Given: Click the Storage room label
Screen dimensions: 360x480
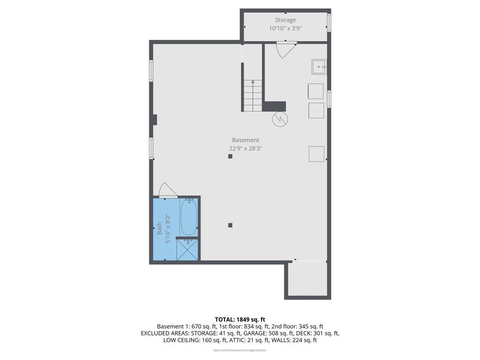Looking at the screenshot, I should [x=285, y=20].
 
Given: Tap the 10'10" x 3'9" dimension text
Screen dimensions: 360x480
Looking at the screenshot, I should [x=285, y=28].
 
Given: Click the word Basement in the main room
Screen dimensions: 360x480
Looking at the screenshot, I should [x=245, y=140].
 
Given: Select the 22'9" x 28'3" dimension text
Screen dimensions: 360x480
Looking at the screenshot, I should [x=245, y=148].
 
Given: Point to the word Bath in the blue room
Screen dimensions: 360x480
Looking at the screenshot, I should [x=159, y=228].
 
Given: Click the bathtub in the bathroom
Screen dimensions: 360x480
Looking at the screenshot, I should [x=188, y=217].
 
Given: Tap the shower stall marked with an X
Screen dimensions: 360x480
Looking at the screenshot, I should [x=187, y=249].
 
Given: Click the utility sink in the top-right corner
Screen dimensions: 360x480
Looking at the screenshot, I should [x=319, y=67].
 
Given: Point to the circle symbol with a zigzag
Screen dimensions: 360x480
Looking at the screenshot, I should [x=280, y=119].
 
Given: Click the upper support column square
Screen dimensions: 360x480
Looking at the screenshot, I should [x=230, y=156].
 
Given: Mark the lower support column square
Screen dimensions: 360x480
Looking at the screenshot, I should [x=230, y=225].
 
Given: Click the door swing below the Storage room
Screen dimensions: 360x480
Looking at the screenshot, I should [x=285, y=49].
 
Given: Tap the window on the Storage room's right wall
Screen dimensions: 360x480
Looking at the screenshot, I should [x=329, y=22].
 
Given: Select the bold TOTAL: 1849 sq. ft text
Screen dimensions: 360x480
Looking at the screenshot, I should [x=240, y=319].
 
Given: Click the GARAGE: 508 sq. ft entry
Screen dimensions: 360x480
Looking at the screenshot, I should [x=268, y=333].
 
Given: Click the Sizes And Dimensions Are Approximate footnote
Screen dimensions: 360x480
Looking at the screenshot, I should [x=240, y=350].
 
